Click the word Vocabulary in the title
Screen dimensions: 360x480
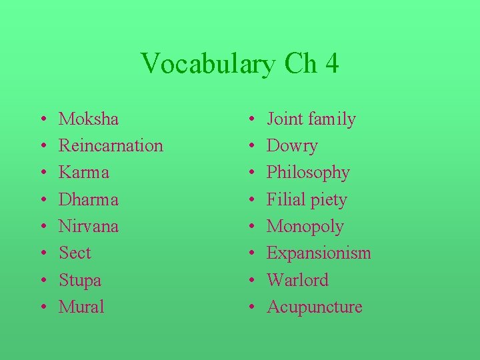209,64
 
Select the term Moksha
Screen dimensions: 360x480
89,119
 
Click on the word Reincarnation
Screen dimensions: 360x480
111,146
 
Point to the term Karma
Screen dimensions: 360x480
84,173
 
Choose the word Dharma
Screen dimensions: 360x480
89,199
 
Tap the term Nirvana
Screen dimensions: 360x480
89,226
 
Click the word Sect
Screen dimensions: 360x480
75,253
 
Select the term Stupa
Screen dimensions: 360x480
80,280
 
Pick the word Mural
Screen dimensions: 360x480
81,307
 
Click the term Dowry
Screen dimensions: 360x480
292,146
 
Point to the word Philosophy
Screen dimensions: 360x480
308,173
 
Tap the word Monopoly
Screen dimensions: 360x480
305,227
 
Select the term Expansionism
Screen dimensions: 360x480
319,253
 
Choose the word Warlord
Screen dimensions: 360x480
297,280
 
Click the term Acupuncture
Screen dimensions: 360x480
315,307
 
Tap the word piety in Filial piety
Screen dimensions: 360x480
325,200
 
